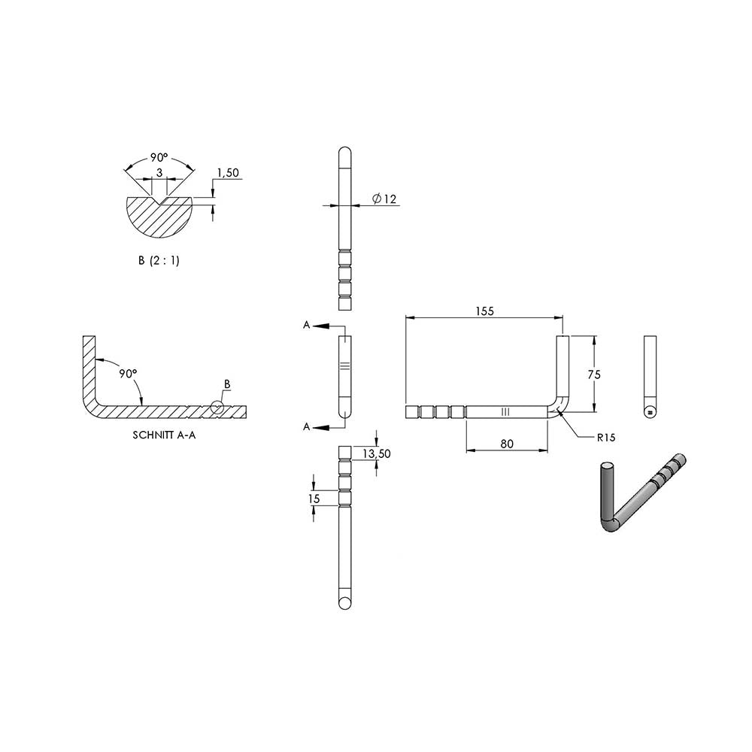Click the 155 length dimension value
click(x=484, y=311)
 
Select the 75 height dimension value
click(x=594, y=374)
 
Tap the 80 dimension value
click(x=506, y=444)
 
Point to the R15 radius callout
click(x=605, y=438)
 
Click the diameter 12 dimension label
click(x=384, y=199)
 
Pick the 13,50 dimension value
click(x=377, y=453)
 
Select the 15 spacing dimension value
click(x=314, y=499)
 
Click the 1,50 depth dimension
click(x=228, y=173)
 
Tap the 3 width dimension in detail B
click(x=159, y=172)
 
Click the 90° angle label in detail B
click(x=159, y=157)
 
